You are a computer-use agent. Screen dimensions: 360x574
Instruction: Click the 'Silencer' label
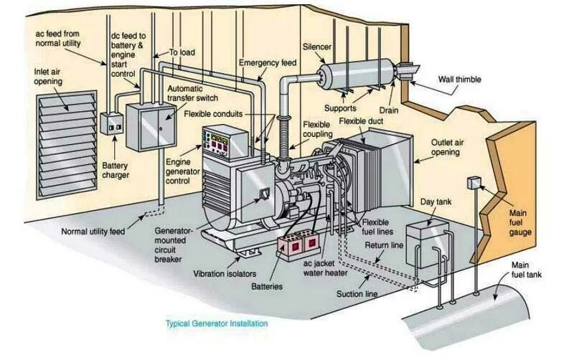coord(316,47)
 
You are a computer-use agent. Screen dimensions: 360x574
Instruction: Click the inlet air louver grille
coord(67,144)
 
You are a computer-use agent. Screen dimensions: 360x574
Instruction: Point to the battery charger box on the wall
coord(111,123)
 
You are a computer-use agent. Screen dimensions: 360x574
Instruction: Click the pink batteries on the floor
coord(298,245)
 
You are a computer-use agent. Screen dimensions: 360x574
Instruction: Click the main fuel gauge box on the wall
coord(473,183)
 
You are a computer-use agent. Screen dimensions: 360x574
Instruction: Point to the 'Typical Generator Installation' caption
coord(217,323)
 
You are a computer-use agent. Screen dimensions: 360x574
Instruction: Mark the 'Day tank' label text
coord(436,203)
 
